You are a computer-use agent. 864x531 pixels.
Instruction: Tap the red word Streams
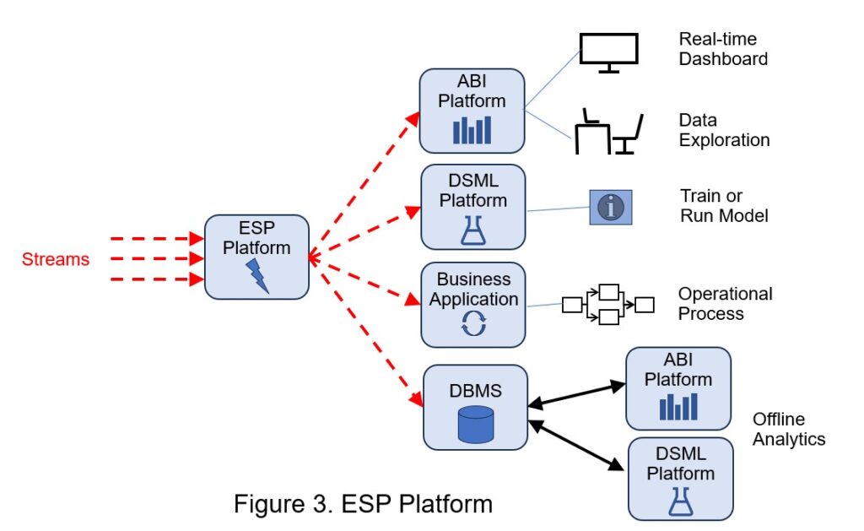[56, 259]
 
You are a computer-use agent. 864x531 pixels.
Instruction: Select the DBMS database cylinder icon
[475, 425]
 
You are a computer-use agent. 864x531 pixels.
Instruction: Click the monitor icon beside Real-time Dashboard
[608, 53]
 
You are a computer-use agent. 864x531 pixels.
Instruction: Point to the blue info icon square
[610, 207]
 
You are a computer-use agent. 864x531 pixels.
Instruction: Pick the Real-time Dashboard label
[723, 49]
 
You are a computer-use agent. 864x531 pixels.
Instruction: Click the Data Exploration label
[724, 130]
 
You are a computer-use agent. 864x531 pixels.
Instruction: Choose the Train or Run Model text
[724, 205]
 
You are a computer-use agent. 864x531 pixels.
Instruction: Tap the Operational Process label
[725, 304]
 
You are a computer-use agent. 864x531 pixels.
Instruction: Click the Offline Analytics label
[788, 429]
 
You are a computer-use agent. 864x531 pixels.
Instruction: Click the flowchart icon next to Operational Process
[607, 305]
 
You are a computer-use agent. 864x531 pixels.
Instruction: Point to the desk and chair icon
[609, 133]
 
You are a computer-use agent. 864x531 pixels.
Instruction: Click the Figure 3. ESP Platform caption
[363, 504]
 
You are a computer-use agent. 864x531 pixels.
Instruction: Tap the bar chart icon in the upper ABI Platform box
[472, 129]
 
